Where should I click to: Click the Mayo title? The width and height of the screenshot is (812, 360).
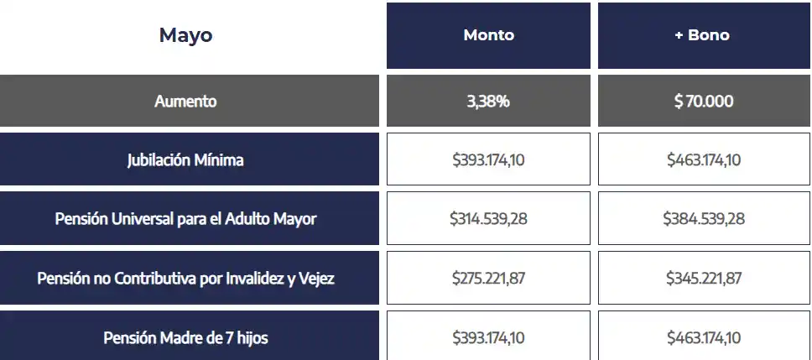click(185, 35)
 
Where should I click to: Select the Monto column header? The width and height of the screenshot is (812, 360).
click(488, 35)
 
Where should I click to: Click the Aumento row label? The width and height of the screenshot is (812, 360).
click(185, 101)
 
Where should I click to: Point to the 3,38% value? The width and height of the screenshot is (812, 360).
click(488, 101)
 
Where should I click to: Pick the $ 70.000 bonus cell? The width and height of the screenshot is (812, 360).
click(704, 101)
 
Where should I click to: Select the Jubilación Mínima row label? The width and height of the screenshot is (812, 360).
click(185, 159)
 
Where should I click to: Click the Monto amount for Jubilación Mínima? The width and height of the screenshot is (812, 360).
click(488, 159)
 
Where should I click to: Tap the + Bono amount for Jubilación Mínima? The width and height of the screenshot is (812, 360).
click(704, 159)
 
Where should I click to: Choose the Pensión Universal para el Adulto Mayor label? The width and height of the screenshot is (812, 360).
click(185, 218)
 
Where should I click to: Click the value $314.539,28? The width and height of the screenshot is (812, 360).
click(488, 218)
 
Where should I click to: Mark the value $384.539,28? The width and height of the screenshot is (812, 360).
click(704, 218)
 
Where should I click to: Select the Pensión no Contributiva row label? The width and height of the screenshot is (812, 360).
click(185, 278)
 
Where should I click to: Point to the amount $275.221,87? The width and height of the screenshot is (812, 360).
click(488, 278)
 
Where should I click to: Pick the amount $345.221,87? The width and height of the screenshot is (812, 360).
click(704, 278)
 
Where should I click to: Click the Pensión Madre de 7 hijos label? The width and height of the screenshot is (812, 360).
click(185, 337)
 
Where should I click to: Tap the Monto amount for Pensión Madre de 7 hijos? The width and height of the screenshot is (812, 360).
click(488, 337)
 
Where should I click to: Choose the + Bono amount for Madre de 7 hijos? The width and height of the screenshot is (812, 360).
click(704, 337)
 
